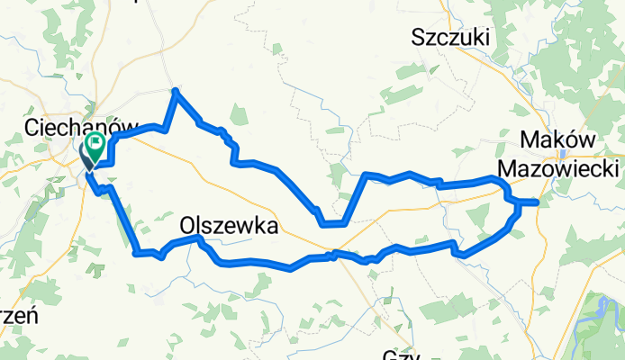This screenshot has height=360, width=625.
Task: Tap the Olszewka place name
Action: tap(229, 227)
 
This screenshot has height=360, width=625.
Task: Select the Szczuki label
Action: tap(449, 37)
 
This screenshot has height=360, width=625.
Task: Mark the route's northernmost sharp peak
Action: tap(176, 90)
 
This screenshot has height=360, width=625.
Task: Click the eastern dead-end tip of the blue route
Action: tap(538, 202)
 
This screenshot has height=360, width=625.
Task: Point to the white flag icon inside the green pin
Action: tap(95, 141)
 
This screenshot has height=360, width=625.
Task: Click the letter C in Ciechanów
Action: tap(35, 127)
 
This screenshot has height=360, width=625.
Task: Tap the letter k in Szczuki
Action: tap(476, 37)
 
